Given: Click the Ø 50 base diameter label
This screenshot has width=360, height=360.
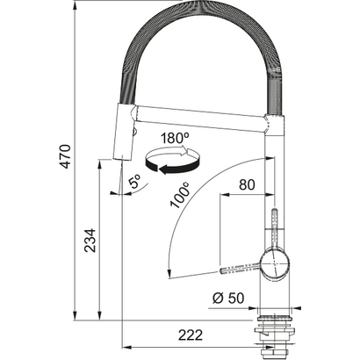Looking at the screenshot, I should pyautogui.click(x=227, y=297).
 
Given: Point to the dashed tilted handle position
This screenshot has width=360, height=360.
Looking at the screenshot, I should pyautogui.click(x=242, y=267).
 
